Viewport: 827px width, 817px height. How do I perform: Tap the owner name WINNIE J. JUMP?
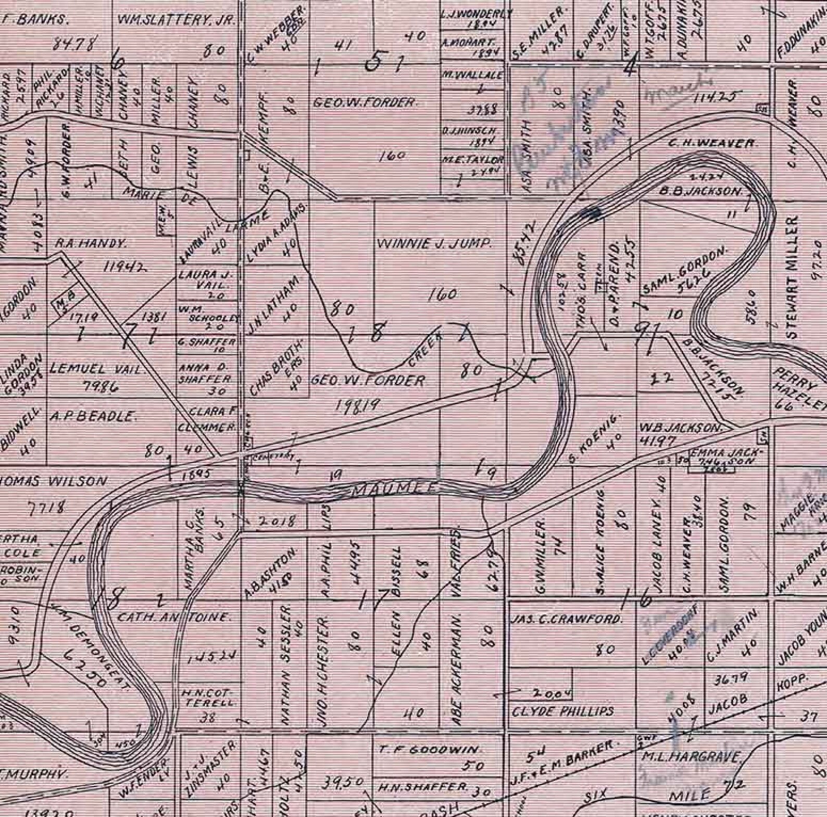coord(434,243)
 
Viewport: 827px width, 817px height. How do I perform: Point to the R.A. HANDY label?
coord(91,243)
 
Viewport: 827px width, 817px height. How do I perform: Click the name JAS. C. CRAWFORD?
coord(567,620)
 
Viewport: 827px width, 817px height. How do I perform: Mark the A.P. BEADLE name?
coord(93,416)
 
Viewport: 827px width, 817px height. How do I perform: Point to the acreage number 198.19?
coord(359,404)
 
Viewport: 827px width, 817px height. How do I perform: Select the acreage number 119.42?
coord(125,267)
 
